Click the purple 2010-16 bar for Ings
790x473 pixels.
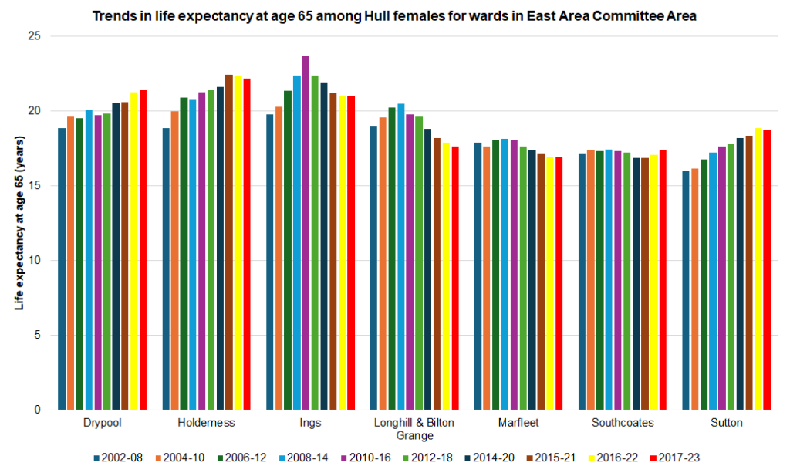[306, 231]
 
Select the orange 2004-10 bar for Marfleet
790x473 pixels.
[487, 278]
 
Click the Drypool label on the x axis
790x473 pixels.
[102, 423]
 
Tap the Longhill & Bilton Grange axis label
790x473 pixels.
[414, 428]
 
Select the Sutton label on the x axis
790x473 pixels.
[727, 423]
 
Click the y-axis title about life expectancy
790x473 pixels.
[19, 223]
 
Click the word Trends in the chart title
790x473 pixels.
[113, 15]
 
